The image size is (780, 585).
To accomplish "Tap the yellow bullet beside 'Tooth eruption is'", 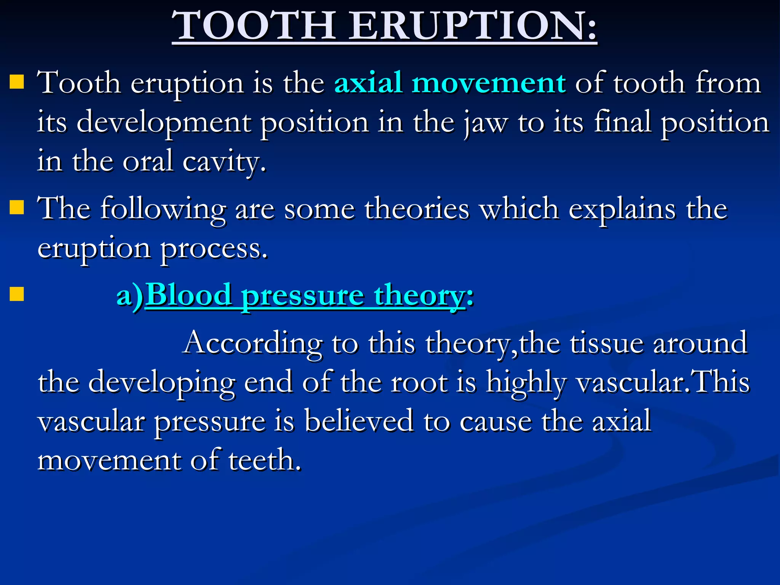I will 17,82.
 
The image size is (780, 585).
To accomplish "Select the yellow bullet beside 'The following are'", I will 17,208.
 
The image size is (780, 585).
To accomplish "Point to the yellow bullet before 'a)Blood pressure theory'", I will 17,294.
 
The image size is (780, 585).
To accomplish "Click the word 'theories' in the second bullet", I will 417,209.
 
